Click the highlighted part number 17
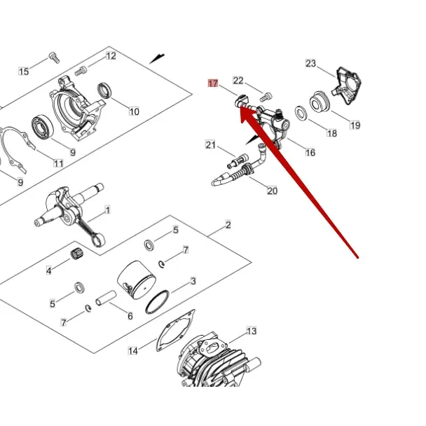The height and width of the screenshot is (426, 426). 213,83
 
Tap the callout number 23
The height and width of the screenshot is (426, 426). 311,63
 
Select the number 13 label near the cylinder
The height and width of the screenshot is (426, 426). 252,331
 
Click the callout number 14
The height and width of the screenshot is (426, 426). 133,351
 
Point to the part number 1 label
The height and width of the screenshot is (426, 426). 108,210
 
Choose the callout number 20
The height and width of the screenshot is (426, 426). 273,191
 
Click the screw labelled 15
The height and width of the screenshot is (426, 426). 54,57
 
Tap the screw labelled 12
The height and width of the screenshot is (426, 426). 81,71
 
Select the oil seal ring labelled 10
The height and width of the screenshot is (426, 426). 104,90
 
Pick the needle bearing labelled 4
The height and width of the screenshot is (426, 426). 77,254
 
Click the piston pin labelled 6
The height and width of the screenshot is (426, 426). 106,298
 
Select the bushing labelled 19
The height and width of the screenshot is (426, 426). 319,102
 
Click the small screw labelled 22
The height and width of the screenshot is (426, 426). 266,97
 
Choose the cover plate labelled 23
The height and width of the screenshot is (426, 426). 347,86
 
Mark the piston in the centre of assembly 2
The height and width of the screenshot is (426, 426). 137,280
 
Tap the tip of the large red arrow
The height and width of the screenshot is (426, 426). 241,106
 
